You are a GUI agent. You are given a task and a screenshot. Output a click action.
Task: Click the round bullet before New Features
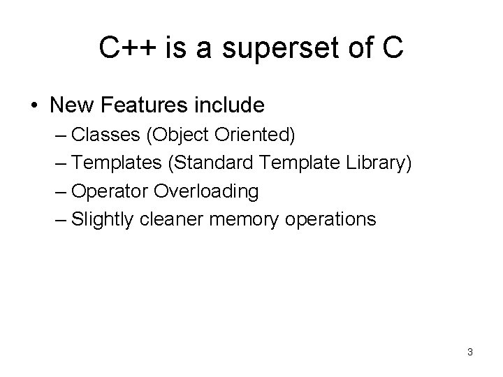tap(35, 106)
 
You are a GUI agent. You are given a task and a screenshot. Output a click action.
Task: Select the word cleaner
tap(169, 219)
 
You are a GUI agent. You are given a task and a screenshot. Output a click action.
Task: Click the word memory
tap(240, 219)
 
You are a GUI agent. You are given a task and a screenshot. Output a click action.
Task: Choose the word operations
tap(330, 219)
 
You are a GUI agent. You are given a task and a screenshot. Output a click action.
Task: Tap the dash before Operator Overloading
tap(60, 191)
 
